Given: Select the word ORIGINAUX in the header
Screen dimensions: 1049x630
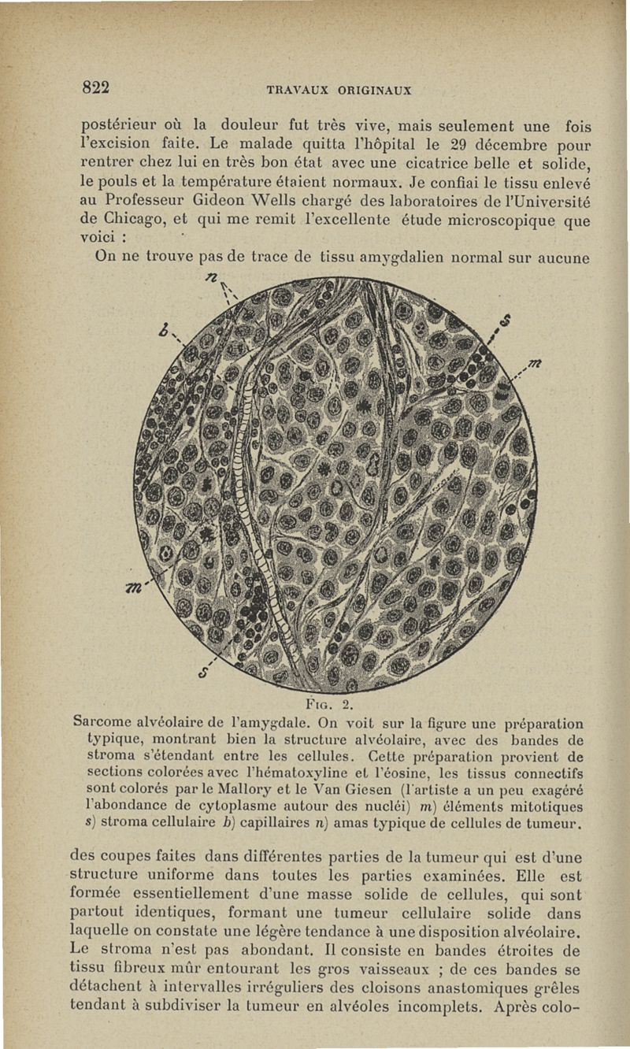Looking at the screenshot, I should [376, 91].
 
